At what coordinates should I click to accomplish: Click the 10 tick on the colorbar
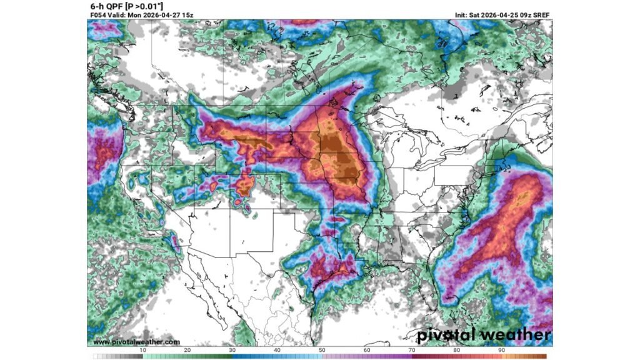pyautogui.click(x=143, y=351)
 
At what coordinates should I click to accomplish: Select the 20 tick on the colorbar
pyautogui.click(x=187, y=351)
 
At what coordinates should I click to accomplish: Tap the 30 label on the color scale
pyautogui.click(x=232, y=351)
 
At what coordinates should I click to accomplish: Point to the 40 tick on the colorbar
pyautogui.click(x=277, y=351)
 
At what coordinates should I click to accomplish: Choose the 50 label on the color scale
pyautogui.click(x=321, y=351)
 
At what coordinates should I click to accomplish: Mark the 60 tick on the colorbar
pyautogui.click(x=366, y=351)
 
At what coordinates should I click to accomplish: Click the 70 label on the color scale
pyautogui.click(x=411, y=351)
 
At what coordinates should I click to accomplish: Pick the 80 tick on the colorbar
pyautogui.click(x=456, y=351)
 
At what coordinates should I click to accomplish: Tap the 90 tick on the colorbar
pyautogui.click(x=501, y=351)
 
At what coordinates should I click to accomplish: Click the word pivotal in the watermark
pyautogui.click(x=449, y=334)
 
